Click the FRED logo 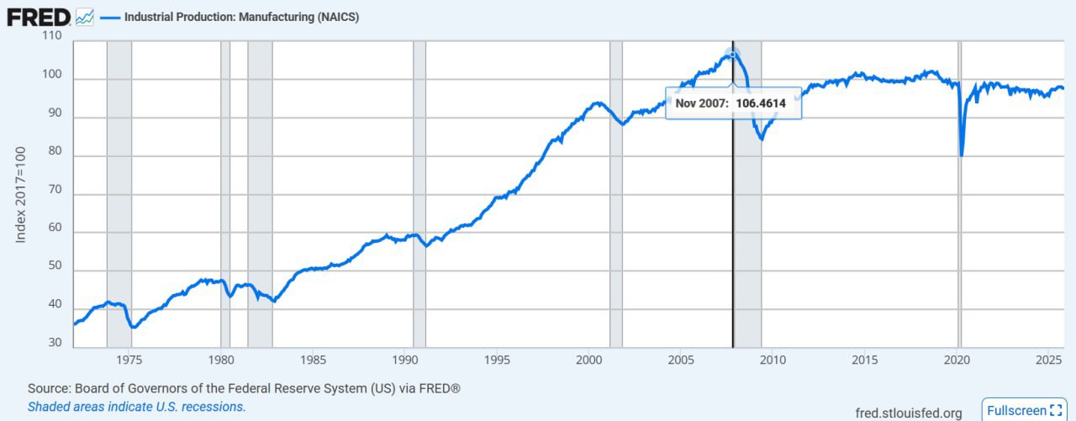[38, 16]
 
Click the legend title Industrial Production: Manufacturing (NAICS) [241, 17]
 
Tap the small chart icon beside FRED [85, 17]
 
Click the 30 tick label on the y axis [55, 342]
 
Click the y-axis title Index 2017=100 [22, 194]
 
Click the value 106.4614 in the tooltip [761, 103]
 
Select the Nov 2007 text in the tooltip [702, 103]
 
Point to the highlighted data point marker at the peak [732, 55]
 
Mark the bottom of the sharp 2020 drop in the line [961, 155]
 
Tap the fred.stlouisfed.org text [908, 413]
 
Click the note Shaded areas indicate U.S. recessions [136, 407]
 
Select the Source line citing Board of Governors [244, 388]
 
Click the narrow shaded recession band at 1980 [224, 193]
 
